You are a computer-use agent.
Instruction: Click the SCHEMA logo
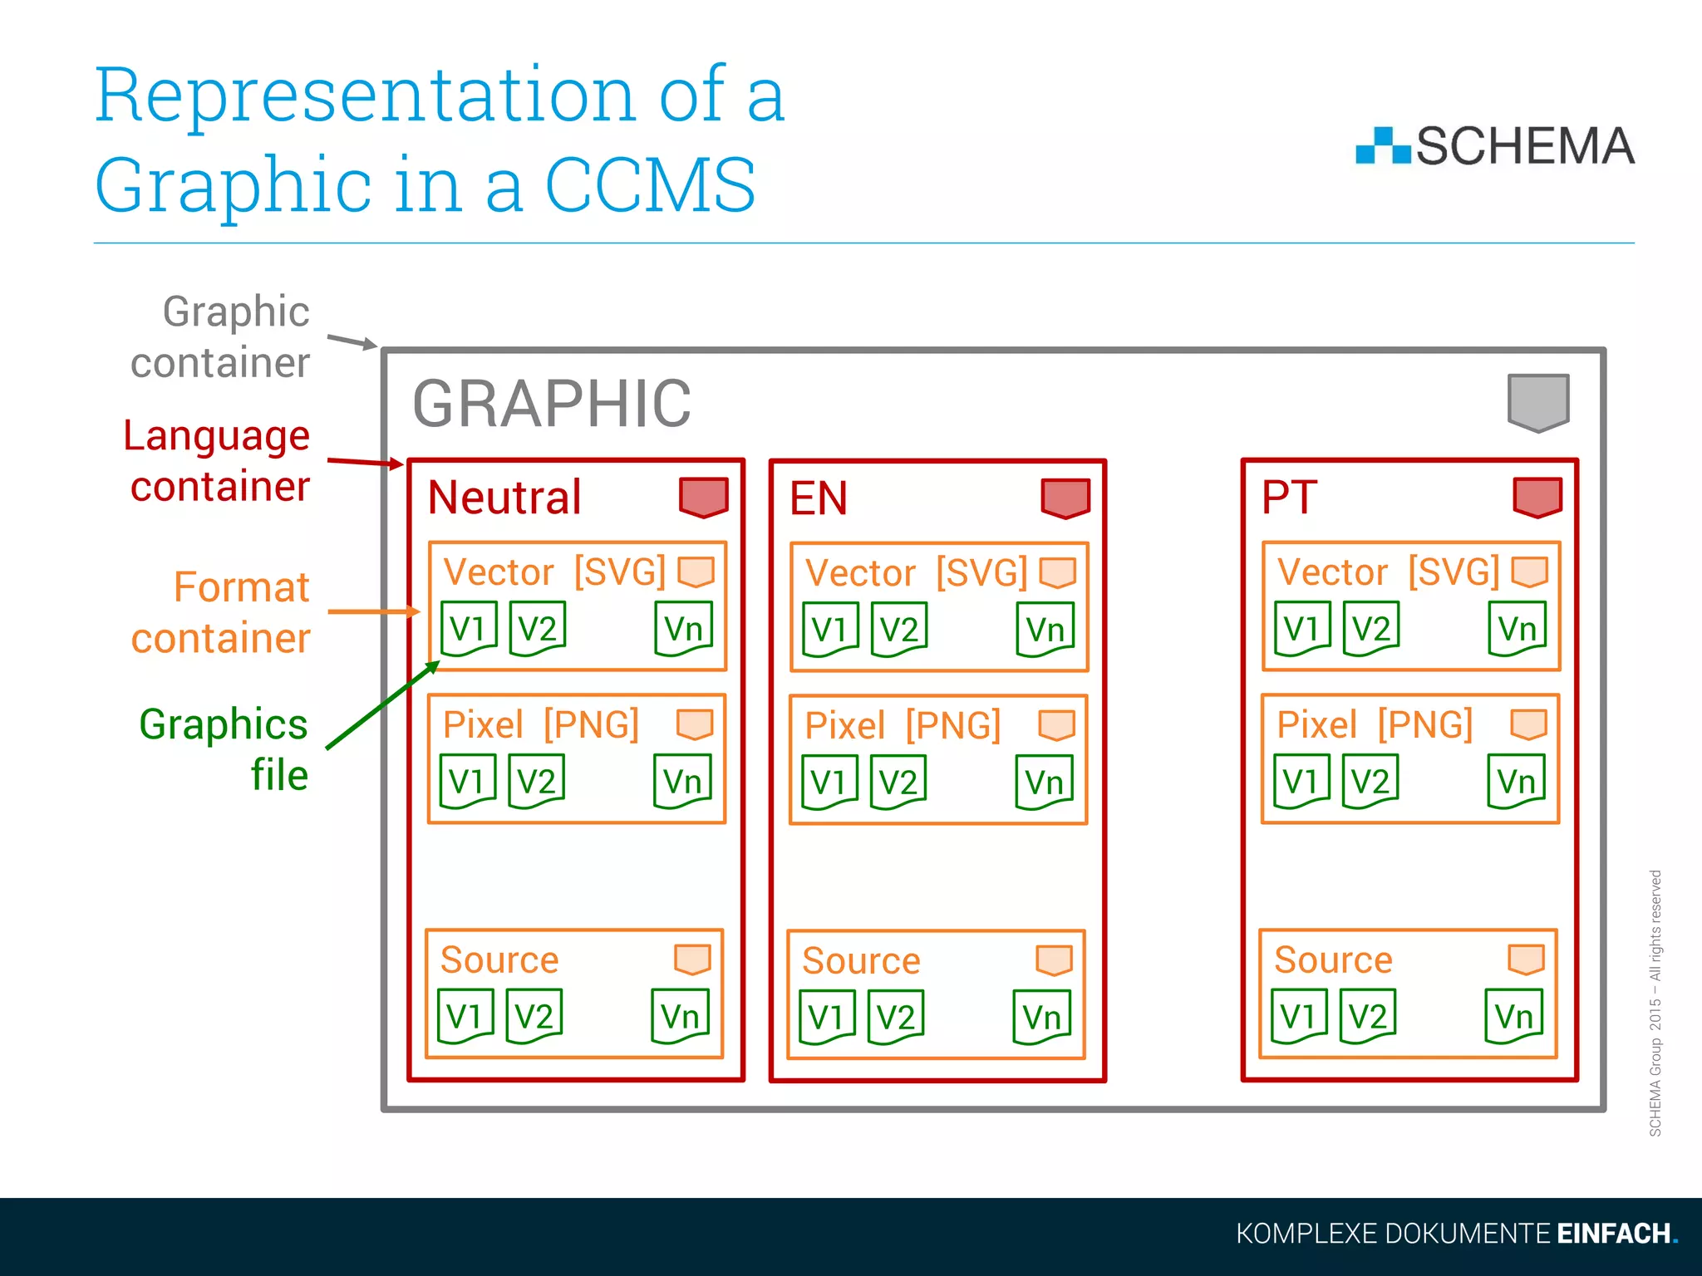coord(1494,146)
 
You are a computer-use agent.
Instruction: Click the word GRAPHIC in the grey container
coord(552,405)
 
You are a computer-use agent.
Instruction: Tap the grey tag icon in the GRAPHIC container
coord(1538,403)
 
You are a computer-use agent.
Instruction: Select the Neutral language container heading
coord(504,498)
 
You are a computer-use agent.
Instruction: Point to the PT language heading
coord(1289,498)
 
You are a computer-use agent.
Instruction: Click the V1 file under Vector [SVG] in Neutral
coord(468,629)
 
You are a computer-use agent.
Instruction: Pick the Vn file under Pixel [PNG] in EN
coord(1044,783)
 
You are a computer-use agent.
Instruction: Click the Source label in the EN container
coord(861,961)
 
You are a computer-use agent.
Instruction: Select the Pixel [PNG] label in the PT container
coord(1375,724)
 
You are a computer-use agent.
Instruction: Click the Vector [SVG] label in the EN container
coord(916,573)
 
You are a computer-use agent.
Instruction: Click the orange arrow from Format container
coord(373,612)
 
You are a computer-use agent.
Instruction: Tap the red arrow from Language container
coord(365,462)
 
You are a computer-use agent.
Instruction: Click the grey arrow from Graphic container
coord(352,341)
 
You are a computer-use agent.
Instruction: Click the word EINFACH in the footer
coord(1613,1234)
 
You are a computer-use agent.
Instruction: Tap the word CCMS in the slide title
coord(650,185)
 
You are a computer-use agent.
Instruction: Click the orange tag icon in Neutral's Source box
coord(692,959)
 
